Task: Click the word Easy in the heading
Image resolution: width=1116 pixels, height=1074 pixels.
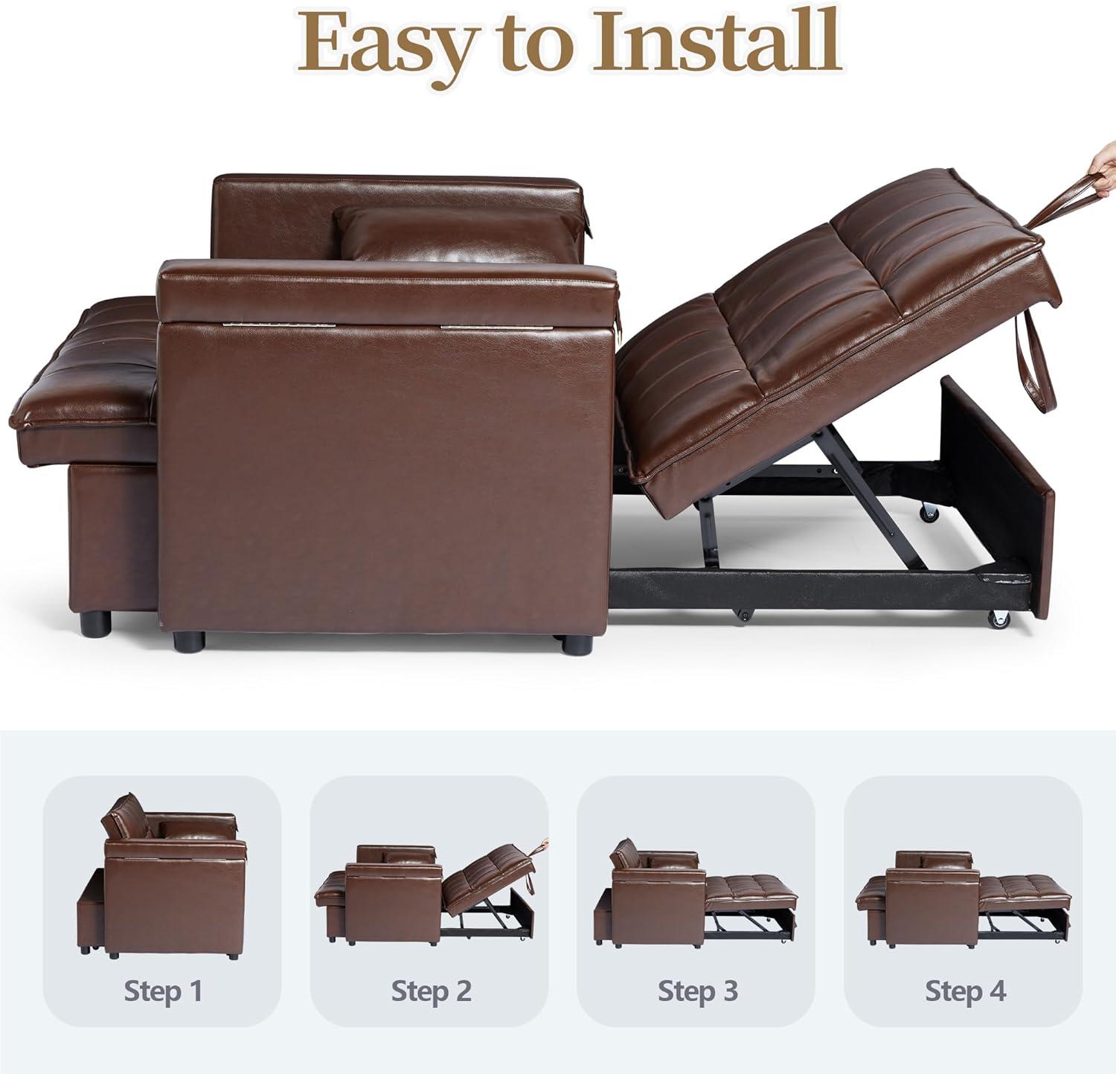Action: point(387,43)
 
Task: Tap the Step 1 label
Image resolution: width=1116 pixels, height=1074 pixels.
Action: point(163,991)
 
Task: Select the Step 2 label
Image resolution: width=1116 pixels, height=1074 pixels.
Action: point(432,991)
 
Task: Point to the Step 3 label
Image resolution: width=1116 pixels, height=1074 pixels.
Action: point(698,991)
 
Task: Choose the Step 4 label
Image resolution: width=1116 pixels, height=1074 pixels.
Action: point(965,991)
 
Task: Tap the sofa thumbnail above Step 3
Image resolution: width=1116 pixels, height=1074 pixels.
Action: point(696,893)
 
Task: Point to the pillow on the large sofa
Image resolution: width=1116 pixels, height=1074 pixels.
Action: point(458,234)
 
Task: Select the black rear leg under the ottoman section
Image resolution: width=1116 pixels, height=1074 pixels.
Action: point(96,624)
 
